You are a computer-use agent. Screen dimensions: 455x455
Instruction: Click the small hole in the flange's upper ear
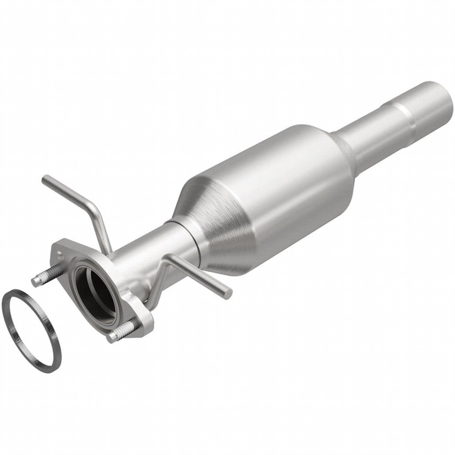coord(60,254)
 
